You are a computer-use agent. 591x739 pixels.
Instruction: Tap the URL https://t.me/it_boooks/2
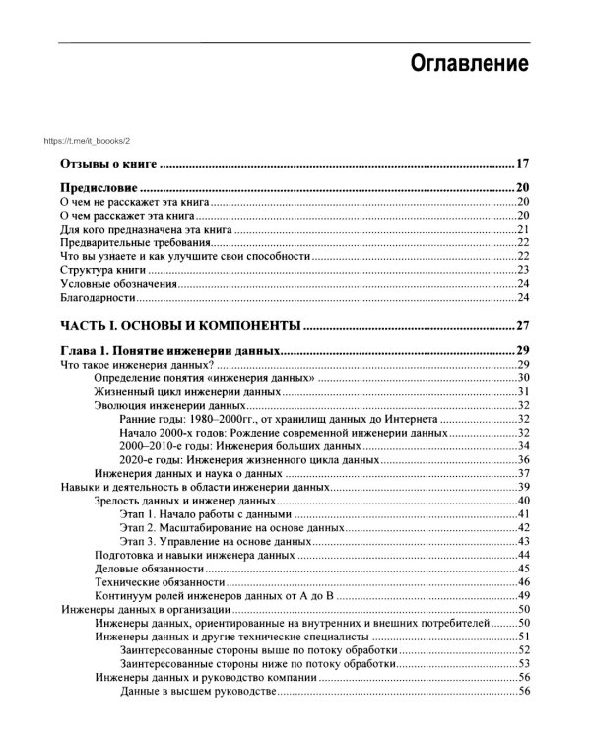(x=102, y=141)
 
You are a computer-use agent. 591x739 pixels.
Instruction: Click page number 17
(x=523, y=164)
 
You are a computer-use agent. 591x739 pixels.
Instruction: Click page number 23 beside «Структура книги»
(x=524, y=270)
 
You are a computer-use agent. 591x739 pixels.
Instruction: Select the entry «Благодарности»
(x=97, y=298)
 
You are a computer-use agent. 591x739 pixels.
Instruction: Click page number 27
(x=523, y=325)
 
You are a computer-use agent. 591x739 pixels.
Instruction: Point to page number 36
(x=524, y=459)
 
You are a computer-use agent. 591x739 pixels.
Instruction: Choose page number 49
(x=524, y=595)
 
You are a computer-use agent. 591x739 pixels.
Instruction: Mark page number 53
(x=524, y=663)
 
